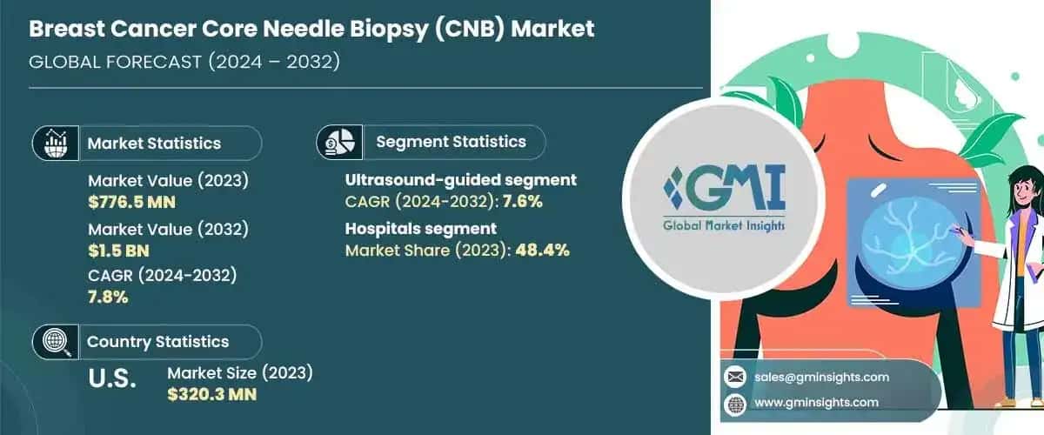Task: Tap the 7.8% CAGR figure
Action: (109, 297)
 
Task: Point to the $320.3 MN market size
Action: (211, 393)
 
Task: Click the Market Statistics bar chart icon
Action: (56, 142)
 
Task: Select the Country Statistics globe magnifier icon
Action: (56, 341)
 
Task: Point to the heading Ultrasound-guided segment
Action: (461, 180)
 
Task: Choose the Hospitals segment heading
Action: (421, 229)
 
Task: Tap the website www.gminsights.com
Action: (817, 402)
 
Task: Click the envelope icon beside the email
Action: (735, 377)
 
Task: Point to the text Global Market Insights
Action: (710, 224)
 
